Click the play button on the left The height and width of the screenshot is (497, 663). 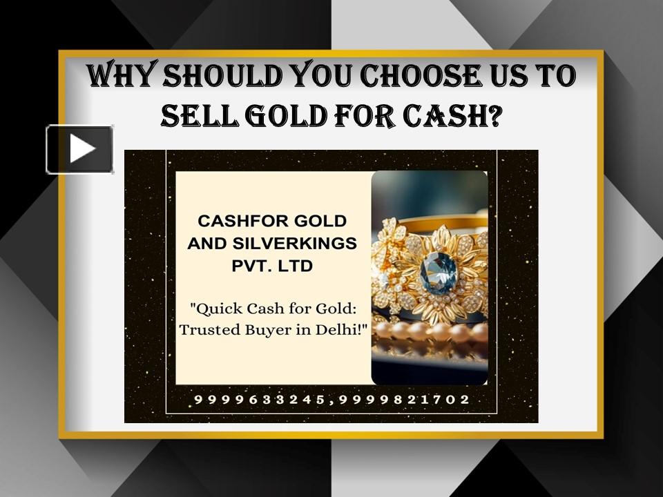click(x=80, y=149)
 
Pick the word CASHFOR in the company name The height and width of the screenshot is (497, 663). click(x=236, y=221)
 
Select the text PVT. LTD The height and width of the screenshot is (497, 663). click(x=272, y=265)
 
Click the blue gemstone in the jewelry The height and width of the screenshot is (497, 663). click(x=439, y=271)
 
